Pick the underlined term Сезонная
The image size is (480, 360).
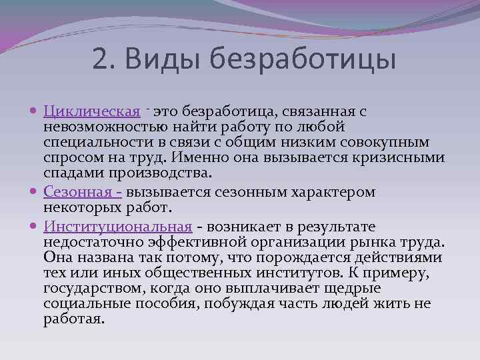coord(79,192)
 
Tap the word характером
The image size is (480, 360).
coord(335,192)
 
